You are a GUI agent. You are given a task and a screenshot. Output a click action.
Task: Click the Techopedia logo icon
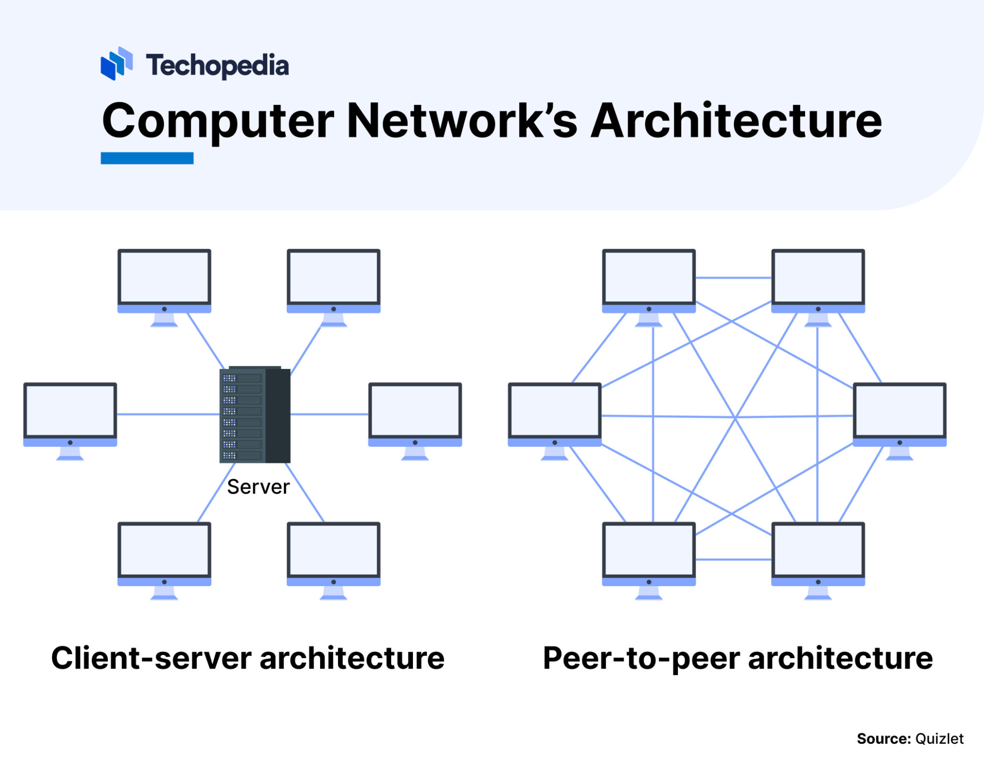(x=116, y=64)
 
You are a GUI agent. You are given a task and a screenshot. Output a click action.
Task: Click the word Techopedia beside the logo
(x=217, y=66)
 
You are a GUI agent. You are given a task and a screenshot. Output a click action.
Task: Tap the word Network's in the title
(x=462, y=121)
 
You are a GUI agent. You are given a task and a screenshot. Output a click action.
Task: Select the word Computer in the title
(x=218, y=121)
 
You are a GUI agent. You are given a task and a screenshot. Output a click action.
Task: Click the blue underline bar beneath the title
(x=147, y=158)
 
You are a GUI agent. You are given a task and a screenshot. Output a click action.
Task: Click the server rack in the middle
(x=254, y=415)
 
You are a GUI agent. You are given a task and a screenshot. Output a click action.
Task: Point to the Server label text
(x=258, y=487)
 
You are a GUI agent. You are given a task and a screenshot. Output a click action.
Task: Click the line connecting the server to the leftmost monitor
(x=168, y=414)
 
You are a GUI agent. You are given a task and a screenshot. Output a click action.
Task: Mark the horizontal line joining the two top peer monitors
(x=733, y=278)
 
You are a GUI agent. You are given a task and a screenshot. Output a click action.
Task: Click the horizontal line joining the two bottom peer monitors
(x=733, y=560)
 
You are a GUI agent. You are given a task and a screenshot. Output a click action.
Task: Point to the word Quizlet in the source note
(x=939, y=739)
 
